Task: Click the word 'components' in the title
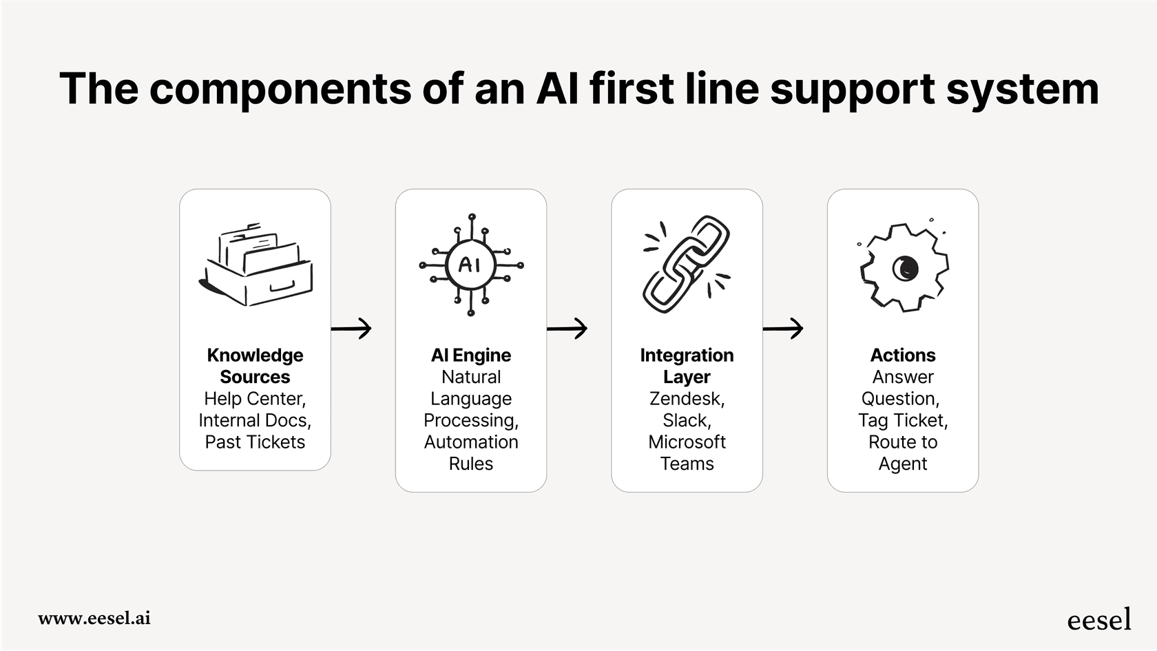[280, 90]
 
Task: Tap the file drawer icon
[256, 265]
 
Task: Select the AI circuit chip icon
[471, 265]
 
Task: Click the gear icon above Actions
[903, 268]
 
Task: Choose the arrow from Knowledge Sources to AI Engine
[352, 329]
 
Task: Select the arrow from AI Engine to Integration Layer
[567, 329]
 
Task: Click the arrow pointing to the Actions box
[784, 329]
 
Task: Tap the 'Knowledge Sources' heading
[255, 366]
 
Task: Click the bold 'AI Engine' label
[471, 355]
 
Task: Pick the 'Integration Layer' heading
[687, 366]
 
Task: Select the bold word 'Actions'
[903, 355]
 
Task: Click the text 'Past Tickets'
[255, 442]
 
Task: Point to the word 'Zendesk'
[685, 399]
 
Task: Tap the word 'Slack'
[685, 420]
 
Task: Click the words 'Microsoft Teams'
[687, 453]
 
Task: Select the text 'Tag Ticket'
[901, 420]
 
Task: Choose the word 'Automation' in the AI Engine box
[471, 442]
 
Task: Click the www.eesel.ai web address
[94, 618]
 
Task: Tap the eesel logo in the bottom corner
[1098, 619]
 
